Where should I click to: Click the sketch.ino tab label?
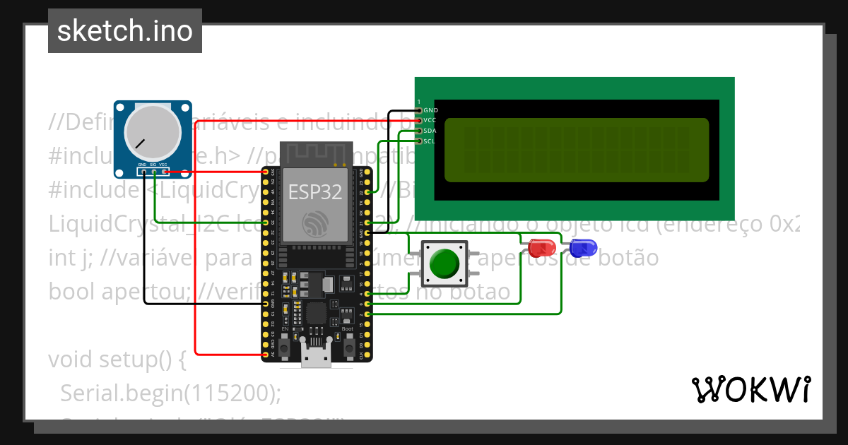125,31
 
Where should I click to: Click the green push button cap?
444,263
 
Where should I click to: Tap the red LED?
541,248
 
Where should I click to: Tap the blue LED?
583,247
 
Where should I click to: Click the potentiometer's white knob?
149,133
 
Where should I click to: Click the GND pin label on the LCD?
431,110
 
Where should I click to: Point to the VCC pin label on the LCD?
431,120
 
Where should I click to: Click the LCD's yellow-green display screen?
576,150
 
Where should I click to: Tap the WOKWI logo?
750,389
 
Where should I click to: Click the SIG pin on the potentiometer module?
153,171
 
